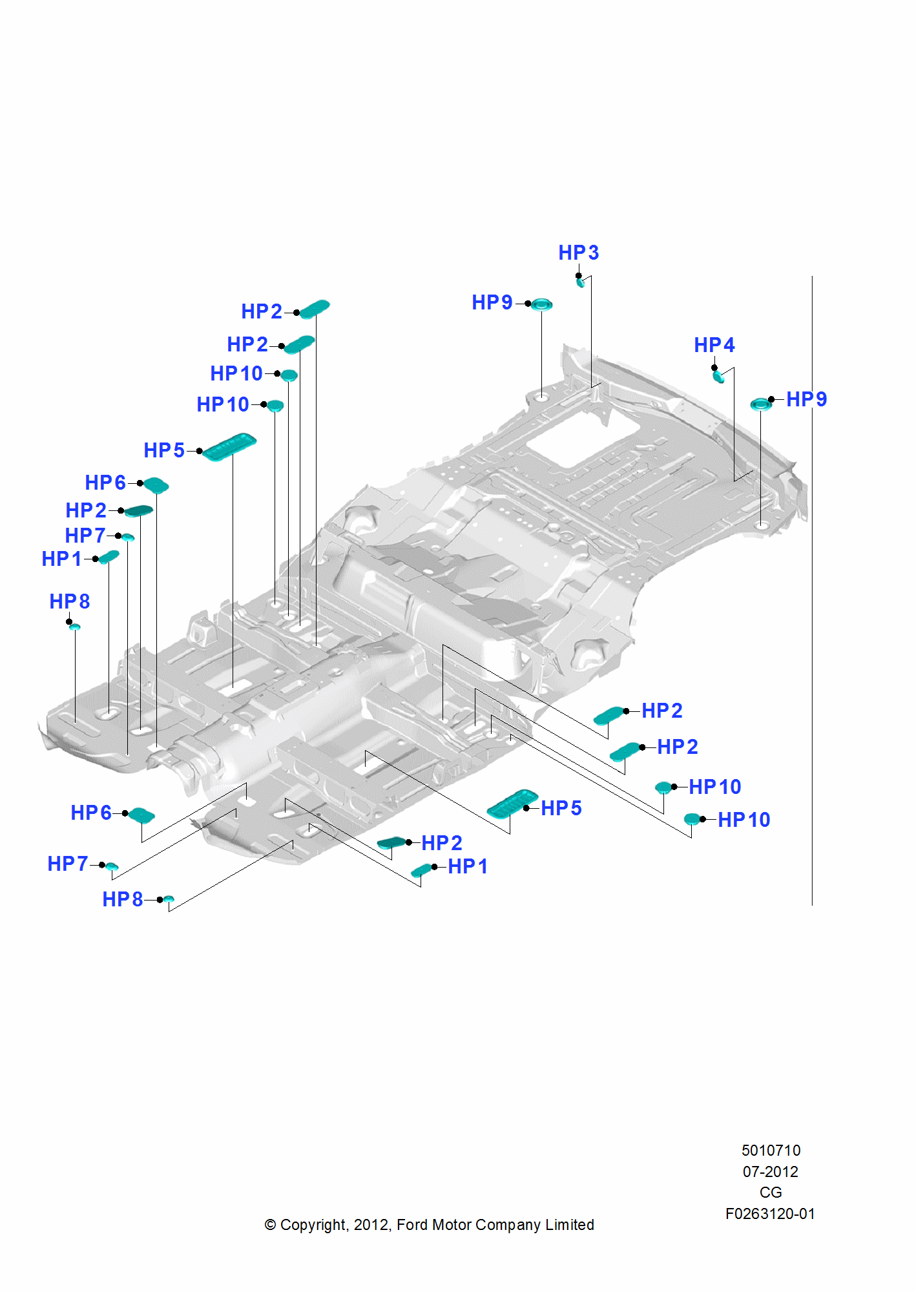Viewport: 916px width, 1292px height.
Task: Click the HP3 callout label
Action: [x=578, y=253]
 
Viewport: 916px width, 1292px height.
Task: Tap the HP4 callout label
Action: [x=714, y=345]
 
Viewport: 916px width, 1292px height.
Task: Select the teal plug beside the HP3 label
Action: [x=581, y=282]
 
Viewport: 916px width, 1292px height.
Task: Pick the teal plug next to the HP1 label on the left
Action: [x=109, y=557]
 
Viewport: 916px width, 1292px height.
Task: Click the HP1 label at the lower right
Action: [x=468, y=866]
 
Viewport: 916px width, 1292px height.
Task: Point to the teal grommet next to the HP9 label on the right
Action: [x=761, y=404]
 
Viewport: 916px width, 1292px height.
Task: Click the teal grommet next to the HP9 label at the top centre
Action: [x=541, y=304]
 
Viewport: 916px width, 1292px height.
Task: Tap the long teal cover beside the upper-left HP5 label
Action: [x=229, y=446]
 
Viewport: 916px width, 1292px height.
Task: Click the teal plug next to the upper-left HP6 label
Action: [x=156, y=484]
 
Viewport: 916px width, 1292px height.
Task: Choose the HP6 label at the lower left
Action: [x=91, y=813]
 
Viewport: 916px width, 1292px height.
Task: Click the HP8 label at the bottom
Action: [x=123, y=899]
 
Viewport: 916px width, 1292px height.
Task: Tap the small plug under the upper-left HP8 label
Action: [x=75, y=627]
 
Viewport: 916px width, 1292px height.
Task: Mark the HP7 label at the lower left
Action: [x=68, y=864]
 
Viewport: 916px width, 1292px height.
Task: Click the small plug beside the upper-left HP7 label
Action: [x=128, y=537]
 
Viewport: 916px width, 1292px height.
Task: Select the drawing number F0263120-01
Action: [x=770, y=1214]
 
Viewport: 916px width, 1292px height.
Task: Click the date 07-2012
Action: [x=770, y=1172]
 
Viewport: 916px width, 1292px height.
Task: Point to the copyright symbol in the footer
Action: [x=270, y=1225]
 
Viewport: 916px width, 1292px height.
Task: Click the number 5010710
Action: [x=771, y=1151]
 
